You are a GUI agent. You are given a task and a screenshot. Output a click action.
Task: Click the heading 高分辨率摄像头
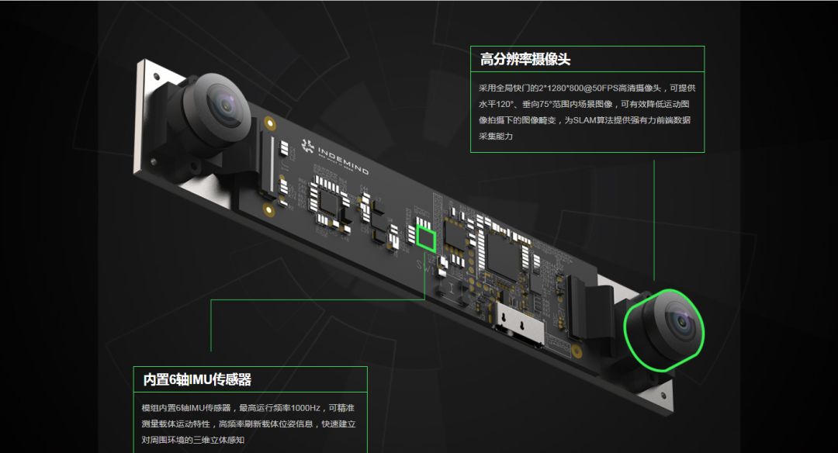pos(525,59)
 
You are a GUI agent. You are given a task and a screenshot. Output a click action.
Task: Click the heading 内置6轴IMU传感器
pos(196,379)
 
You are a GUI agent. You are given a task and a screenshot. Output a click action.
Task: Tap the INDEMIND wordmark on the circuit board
pos(343,161)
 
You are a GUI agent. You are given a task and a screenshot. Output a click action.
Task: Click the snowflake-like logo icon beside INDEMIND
pos(307,145)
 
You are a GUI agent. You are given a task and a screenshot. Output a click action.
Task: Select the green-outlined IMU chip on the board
pos(426,239)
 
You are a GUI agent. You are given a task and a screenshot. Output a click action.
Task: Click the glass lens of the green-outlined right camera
pos(681,322)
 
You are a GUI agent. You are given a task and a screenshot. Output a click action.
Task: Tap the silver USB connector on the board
pos(519,323)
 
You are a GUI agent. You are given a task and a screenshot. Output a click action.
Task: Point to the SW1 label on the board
pos(425,265)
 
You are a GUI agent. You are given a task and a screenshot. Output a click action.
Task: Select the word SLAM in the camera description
pos(584,120)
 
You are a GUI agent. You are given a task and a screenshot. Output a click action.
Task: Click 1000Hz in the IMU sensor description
pos(305,408)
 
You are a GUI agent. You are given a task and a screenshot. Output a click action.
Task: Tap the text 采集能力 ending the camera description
pos(495,137)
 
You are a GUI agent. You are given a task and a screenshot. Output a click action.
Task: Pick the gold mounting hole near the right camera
pos(577,351)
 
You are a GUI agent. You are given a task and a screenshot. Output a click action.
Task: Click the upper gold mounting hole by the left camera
pos(270,123)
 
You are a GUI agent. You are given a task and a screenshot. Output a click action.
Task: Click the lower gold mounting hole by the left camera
pos(269,210)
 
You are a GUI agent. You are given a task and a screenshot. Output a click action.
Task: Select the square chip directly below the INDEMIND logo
pos(329,202)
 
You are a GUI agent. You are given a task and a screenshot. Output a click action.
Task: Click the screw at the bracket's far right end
pos(663,396)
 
